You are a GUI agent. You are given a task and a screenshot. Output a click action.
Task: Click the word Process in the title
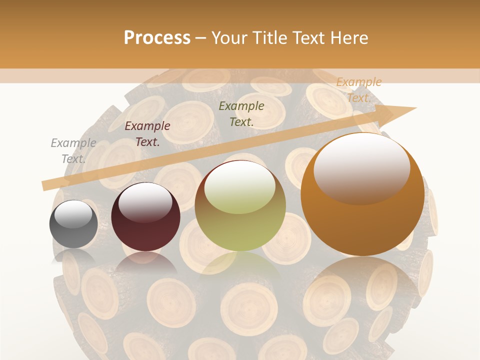click(x=157, y=38)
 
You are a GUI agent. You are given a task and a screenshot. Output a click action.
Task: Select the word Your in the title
click(x=229, y=38)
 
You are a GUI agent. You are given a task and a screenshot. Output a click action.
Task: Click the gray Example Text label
click(x=73, y=150)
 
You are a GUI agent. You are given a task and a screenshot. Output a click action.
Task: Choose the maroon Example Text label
click(x=147, y=133)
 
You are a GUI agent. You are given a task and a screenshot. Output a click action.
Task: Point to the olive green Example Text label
click(x=241, y=113)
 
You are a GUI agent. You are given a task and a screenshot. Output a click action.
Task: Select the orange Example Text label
click(x=358, y=90)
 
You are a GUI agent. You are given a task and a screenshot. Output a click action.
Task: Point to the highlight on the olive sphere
click(x=240, y=187)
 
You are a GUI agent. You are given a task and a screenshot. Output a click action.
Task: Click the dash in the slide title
click(x=201, y=38)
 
